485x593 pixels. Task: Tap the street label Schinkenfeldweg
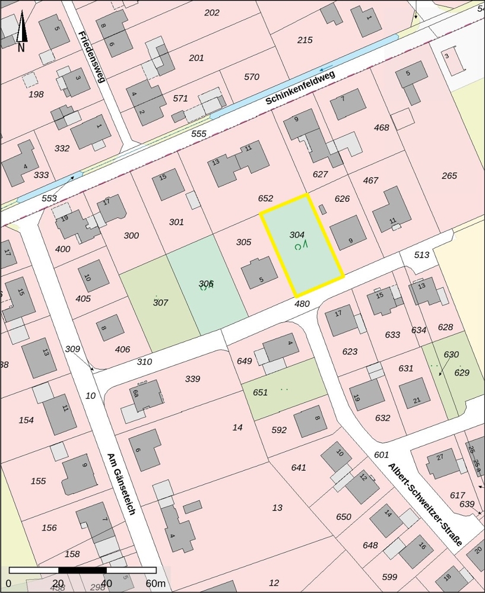(300, 88)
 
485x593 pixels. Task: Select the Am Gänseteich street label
(122, 484)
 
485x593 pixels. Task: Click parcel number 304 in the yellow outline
(297, 234)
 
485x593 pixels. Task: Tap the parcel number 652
(265, 199)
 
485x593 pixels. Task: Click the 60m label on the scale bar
(156, 584)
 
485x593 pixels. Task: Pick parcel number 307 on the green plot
(160, 303)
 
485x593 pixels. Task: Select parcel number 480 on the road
(302, 304)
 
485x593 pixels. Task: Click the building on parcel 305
(259, 273)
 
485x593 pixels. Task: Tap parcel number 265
(449, 176)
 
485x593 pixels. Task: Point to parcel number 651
(260, 392)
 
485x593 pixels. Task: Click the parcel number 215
(305, 40)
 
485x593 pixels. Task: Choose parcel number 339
(192, 379)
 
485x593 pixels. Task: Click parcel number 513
(421, 255)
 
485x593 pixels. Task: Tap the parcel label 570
(252, 77)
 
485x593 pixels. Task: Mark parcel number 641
(299, 468)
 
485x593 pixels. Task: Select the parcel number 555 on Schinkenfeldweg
(199, 134)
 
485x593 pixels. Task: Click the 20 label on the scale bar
(58, 584)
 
